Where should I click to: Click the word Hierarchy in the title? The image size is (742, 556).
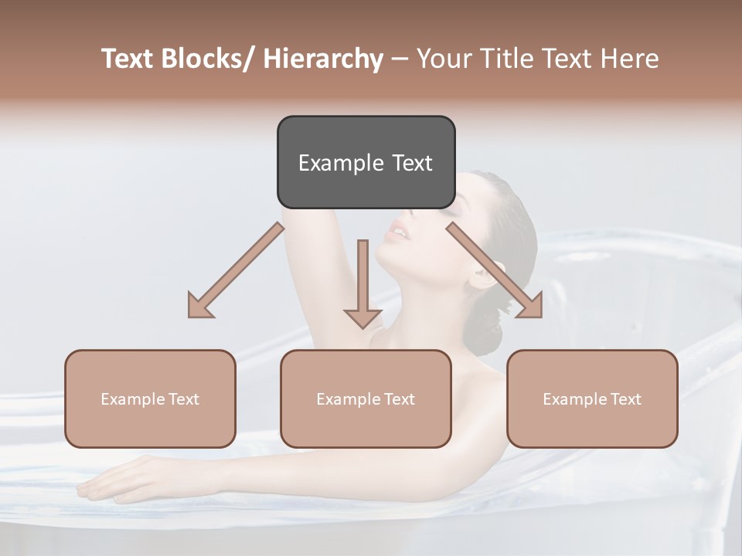323,59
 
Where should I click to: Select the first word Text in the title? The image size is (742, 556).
129,59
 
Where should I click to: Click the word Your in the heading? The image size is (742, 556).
445,59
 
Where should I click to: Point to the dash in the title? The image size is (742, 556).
400,59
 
